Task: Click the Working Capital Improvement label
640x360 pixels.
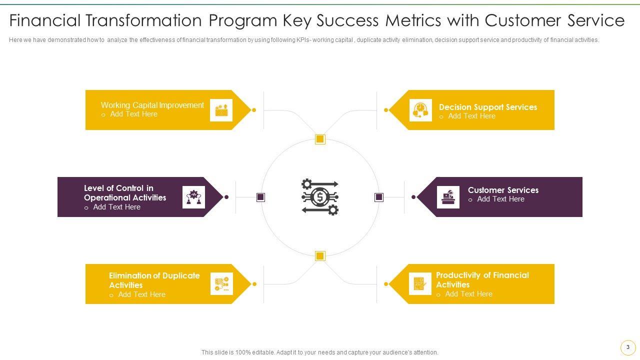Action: click(152, 105)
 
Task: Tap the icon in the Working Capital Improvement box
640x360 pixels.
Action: click(221, 110)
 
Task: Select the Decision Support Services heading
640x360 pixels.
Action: click(487, 107)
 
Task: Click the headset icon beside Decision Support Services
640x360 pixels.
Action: click(420, 110)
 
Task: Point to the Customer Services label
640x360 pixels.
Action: click(503, 190)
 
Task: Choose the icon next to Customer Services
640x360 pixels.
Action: click(448, 197)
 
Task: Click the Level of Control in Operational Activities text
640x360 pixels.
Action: click(124, 193)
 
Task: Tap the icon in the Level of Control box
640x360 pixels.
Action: click(193, 197)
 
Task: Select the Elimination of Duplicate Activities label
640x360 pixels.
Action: click(154, 280)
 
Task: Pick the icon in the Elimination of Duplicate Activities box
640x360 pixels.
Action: click(221, 284)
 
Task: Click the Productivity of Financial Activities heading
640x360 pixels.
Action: click(482, 279)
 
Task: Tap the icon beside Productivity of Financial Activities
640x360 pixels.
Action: click(420, 284)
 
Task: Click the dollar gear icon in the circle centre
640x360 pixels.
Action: click(320, 197)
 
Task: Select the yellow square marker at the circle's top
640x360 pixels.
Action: click(320, 139)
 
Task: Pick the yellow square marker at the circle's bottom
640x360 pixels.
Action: click(320, 256)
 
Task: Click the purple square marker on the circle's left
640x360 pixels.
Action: click(260, 197)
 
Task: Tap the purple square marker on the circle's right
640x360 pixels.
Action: click(379, 197)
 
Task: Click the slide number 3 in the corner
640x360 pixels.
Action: click(628, 347)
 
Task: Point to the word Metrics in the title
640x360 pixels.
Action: click(413, 20)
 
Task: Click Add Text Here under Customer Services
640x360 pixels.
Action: click(500, 199)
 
